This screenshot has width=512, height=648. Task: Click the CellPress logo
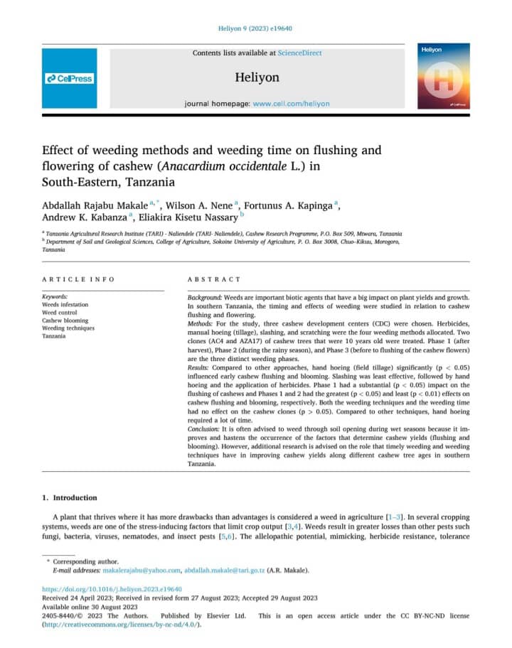click(x=69, y=78)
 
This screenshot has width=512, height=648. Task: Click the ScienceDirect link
click(x=299, y=53)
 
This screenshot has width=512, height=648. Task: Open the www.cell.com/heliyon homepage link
click(x=291, y=103)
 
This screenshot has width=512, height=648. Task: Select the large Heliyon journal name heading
click(x=256, y=77)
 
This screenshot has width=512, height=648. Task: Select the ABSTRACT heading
click(x=213, y=279)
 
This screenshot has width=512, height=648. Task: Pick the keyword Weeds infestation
click(x=65, y=304)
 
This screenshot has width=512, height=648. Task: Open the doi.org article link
click(x=112, y=589)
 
